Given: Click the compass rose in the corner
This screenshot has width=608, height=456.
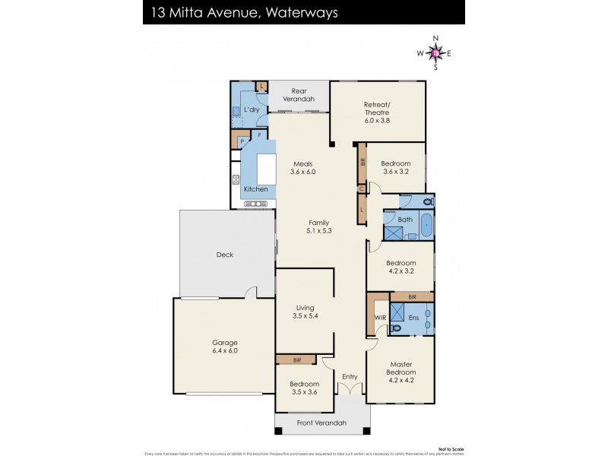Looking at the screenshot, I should pyautogui.click(x=435, y=52).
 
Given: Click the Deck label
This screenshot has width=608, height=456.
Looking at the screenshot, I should pyautogui.click(x=224, y=255).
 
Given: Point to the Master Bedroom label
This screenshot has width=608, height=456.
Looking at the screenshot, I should pyautogui.click(x=400, y=368).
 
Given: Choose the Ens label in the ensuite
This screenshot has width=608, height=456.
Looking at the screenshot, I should pyautogui.click(x=414, y=318).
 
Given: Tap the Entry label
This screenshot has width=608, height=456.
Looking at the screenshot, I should pyautogui.click(x=350, y=377).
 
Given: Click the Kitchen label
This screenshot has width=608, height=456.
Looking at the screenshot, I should pyautogui.click(x=255, y=188).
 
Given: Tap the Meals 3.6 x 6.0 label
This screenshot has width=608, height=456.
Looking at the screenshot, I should pyautogui.click(x=302, y=168).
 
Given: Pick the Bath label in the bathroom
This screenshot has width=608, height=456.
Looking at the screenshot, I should pyautogui.click(x=406, y=220).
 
